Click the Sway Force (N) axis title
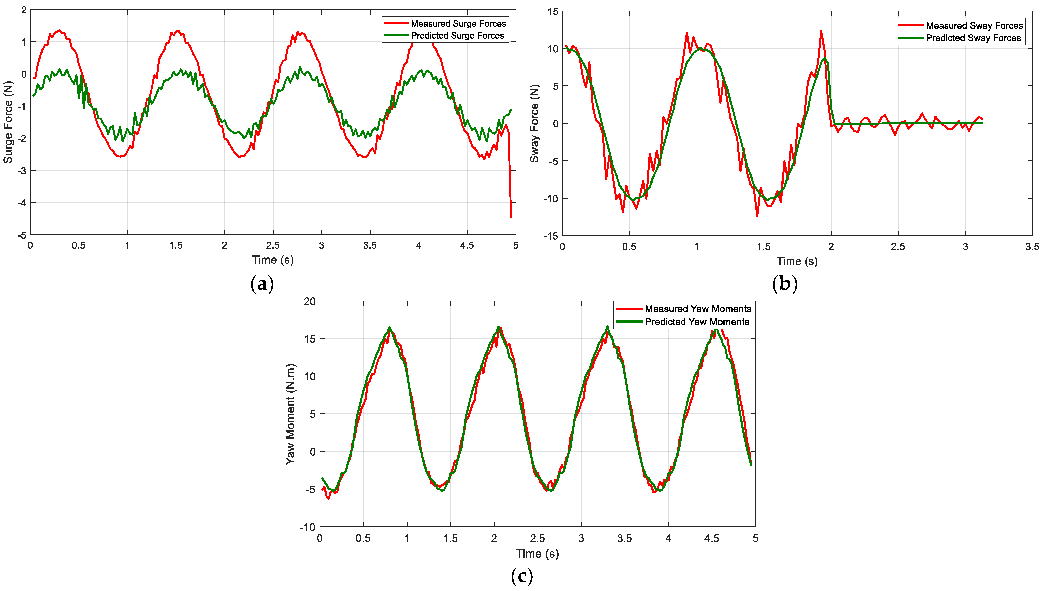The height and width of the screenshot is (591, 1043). (x=534, y=123)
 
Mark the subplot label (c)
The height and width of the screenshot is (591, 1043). (x=522, y=576)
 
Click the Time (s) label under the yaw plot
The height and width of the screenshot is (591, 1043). (x=537, y=554)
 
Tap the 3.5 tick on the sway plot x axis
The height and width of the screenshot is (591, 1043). (x=1032, y=247)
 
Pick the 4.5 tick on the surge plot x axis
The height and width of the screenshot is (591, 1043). (x=467, y=246)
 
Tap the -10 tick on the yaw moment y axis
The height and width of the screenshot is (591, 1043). (x=307, y=527)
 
